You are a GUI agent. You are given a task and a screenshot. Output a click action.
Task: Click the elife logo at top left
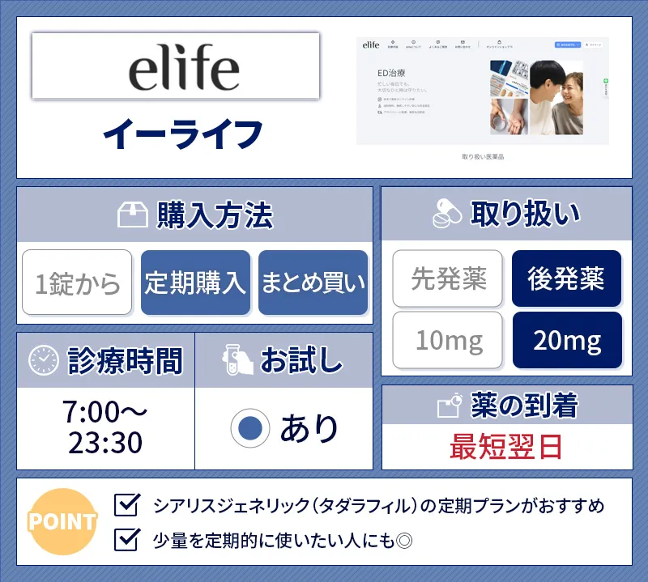176,66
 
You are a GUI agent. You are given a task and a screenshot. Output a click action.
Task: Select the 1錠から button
77,283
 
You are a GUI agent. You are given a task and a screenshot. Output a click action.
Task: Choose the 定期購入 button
195,283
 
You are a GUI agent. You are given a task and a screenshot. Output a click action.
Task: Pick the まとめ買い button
313,283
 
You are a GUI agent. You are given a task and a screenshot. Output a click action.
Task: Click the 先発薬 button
449,278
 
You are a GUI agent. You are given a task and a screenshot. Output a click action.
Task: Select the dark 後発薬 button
566,278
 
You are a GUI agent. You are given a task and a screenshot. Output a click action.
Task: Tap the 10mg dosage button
449,340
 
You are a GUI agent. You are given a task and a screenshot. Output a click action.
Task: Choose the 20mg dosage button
566,340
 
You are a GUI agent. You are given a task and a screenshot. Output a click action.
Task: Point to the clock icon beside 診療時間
44,360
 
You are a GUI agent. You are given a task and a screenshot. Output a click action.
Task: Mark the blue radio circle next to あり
249,428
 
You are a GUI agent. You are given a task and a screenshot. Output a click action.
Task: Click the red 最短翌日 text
507,446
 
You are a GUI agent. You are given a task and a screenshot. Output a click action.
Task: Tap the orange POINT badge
62,520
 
